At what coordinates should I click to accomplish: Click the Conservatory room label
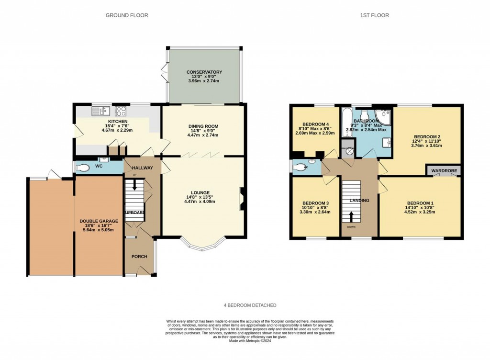point(204,72)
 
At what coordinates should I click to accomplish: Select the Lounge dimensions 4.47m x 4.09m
point(204,202)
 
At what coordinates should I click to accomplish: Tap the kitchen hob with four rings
point(121,112)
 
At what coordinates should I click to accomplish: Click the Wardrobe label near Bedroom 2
point(444,170)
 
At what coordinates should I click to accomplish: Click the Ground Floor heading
point(127,15)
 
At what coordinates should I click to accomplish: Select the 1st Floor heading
point(375,15)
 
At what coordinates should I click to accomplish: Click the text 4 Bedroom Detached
point(250,305)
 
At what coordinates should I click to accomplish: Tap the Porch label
point(139,257)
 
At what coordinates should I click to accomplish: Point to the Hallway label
point(142,168)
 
